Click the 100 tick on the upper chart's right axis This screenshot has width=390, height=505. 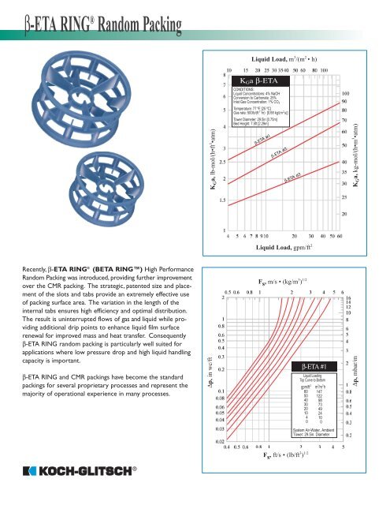[345, 93]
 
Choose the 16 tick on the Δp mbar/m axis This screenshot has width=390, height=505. [348, 299]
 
